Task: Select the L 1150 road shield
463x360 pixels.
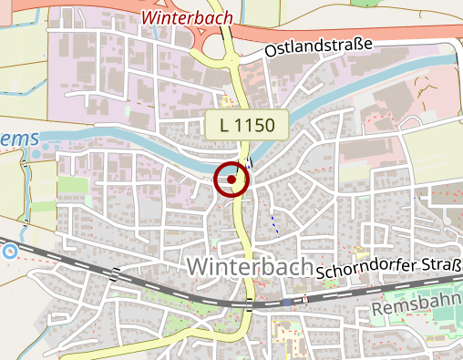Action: click(x=246, y=125)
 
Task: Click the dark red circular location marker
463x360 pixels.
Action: click(x=232, y=180)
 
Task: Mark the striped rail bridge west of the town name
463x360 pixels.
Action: click(x=115, y=273)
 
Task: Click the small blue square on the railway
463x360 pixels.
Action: click(x=287, y=301)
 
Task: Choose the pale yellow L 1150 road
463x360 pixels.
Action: click(x=242, y=228)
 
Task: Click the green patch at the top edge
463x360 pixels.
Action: click(x=365, y=3)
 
